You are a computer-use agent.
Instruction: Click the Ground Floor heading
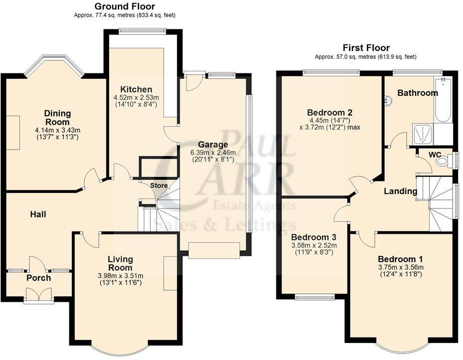click(x=125, y=6)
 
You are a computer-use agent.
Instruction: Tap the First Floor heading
click(x=366, y=47)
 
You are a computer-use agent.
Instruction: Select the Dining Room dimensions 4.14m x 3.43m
click(x=57, y=130)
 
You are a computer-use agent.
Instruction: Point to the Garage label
click(x=213, y=145)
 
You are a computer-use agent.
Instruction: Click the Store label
click(x=159, y=185)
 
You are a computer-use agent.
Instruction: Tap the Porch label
click(x=39, y=278)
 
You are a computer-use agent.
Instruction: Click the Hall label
click(x=38, y=214)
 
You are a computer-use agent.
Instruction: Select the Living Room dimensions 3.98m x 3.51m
click(x=120, y=276)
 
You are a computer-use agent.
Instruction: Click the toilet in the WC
click(x=443, y=161)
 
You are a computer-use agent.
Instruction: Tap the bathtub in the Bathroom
click(x=443, y=99)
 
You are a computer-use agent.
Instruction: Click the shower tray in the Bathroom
click(x=423, y=134)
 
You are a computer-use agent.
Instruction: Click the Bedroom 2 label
click(x=329, y=112)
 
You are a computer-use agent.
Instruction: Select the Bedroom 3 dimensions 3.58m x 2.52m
click(x=314, y=245)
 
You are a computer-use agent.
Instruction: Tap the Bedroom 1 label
click(x=401, y=259)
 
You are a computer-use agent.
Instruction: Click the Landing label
click(x=401, y=191)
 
